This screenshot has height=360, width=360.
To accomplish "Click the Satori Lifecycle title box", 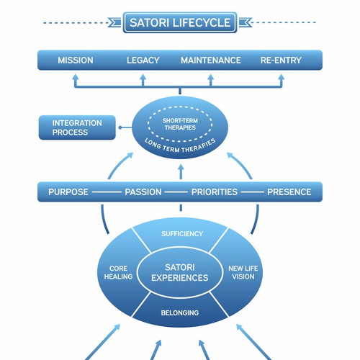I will pyautogui.click(x=180, y=22).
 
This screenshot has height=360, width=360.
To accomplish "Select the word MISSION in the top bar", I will pyautogui.click(x=76, y=60).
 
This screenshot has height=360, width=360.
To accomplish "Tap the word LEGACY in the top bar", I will pyautogui.click(x=143, y=60).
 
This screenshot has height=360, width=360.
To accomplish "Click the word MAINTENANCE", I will pyautogui.click(x=211, y=60).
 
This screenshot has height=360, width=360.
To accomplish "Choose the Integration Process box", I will pyautogui.click(x=77, y=128).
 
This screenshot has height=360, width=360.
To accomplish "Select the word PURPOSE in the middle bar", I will pyautogui.click(x=68, y=192).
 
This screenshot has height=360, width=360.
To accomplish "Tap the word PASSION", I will pyautogui.click(x=143, y=192).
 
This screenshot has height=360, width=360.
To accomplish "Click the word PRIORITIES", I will pyautogui.click(x=215, y=192).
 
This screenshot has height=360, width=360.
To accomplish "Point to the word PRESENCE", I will pyautogui.click(x=289, y=192).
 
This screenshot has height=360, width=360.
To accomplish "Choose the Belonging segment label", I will pyautogui.click(x=180, y=313).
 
